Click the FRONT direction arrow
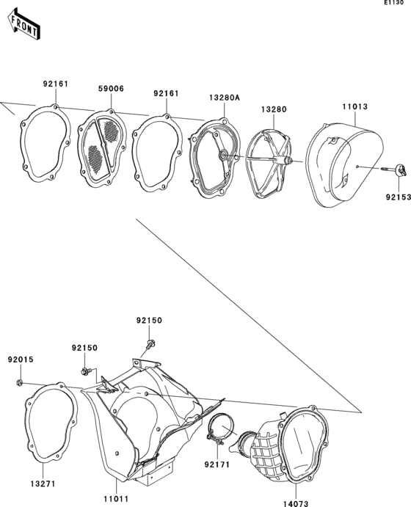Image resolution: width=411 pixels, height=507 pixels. point(24,24)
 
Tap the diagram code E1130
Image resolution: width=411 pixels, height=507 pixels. point(394,3)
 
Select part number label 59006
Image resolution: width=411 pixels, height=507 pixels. point(111,89)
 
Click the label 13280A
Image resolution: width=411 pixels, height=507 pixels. point(224,98)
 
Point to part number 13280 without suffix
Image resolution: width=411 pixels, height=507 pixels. point(274,109)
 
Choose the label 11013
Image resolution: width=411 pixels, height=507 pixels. point(354,106)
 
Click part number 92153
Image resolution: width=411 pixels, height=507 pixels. point(398,197)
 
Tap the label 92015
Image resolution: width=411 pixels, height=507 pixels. point(21,360)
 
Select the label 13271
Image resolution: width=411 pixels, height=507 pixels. point(43,484)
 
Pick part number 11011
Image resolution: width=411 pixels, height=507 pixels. point(116,499)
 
